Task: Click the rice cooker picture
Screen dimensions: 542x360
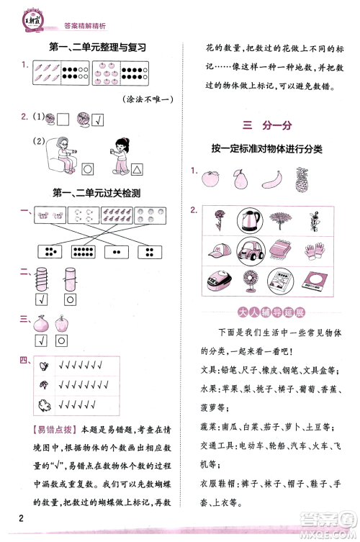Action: (218, 282)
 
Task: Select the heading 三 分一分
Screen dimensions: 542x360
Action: (266, 125)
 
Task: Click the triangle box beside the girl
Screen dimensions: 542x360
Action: (136, 169)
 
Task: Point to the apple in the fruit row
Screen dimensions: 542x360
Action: (210, 177)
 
